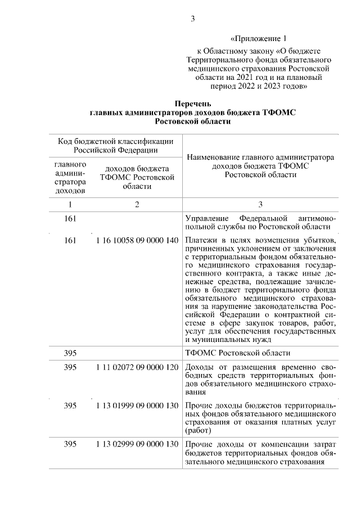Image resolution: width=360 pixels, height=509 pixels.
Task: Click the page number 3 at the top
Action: point(192,19)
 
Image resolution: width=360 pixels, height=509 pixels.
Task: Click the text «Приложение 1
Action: point(259,39)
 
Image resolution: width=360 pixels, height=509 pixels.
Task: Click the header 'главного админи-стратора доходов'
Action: point(70,178)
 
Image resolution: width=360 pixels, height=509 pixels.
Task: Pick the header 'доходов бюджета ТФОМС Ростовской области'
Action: point(137,177)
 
